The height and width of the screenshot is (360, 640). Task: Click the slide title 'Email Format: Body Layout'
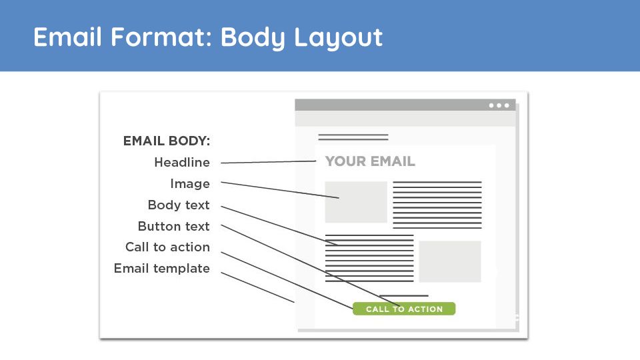click(208, 37)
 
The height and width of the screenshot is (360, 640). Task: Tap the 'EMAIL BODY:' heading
click(167, 141)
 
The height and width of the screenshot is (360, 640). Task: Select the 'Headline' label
click(182, 163)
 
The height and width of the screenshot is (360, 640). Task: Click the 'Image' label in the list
click(190, 184)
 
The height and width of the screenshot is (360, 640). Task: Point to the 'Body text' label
click(179, 205)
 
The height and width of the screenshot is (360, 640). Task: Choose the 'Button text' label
click(174, 226)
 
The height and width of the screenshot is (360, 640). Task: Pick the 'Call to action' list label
click(168, 247)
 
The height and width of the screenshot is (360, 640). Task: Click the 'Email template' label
click(162, 269)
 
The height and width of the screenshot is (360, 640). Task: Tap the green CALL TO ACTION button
click(404, 309)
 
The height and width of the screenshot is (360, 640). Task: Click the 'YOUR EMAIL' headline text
click(370, 161)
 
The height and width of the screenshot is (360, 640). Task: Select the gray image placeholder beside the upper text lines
click(356, 203)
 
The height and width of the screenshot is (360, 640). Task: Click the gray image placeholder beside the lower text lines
click(450, 261)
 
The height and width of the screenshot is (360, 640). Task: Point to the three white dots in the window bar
click(499, 105)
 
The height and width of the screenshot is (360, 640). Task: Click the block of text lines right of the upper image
click(437, 205)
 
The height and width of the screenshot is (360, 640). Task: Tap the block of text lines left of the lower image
click(369, 259)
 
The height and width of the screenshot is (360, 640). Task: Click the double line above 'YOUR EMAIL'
click(353, 137)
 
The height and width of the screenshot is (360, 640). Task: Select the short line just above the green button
click(404, 295)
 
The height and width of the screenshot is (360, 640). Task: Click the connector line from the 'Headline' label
click(269, 162)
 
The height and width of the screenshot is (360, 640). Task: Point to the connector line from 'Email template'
click(257, 287)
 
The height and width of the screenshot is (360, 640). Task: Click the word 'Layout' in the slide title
click(339, 37)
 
